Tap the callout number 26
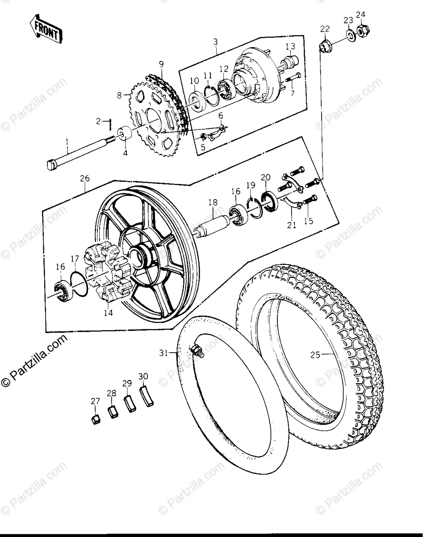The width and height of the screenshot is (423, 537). click(84, 179)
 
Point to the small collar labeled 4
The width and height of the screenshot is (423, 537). click(125, 134)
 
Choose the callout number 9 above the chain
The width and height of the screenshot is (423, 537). click(161, 64)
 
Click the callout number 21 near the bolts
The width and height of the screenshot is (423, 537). click(292, 225)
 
